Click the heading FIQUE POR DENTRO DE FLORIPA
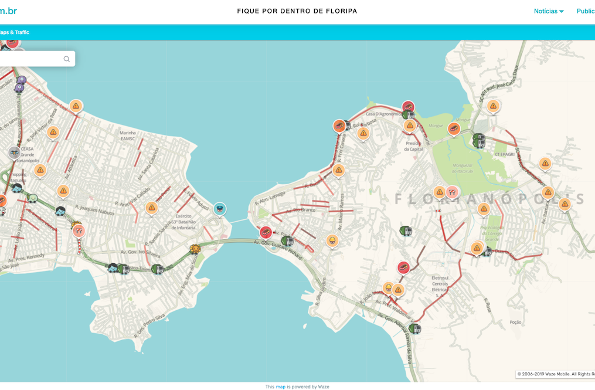(297, 11)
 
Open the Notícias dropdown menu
(548, 11)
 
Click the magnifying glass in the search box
(67, 59)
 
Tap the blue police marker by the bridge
(219, 208)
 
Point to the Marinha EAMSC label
(127, 135)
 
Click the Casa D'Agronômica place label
(382, 114)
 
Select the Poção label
(516, 322)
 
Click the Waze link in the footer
(324, 386)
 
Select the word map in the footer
(280, 386)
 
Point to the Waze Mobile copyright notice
(555, 374)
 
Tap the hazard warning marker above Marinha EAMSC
(76, 106)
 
